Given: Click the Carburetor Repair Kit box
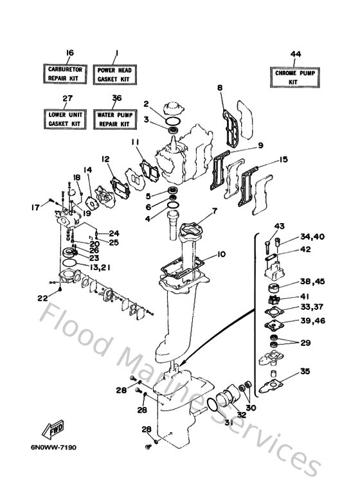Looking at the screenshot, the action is (x=65, y=74).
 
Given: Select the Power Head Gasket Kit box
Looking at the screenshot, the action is (x=114, y=75).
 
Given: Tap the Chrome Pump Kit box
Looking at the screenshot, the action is (x=294, y=77).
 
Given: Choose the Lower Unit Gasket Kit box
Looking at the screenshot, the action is (x=65, y=119).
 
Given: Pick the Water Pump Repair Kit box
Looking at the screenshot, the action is (x=114, y=120).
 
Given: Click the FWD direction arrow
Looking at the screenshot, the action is (x=53, y=429).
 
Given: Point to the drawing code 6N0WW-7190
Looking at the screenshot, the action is (x=53, y=447).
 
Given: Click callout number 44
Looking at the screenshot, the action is (x=295, y=54).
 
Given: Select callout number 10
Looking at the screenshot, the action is (x=221, y=254).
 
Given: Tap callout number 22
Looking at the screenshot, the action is (x=43, y=298).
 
